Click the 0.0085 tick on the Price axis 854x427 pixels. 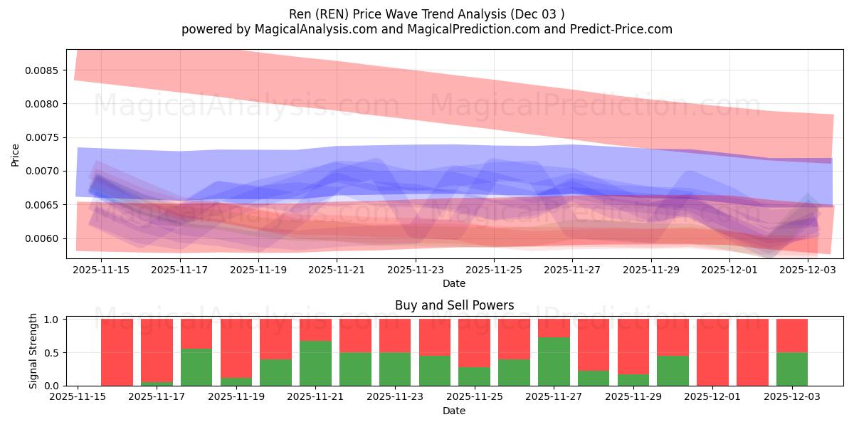[43, 70]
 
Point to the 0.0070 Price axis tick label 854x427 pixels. [43, 172]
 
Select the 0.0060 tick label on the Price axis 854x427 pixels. [43, 238]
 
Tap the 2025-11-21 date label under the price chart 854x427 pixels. [337, 270]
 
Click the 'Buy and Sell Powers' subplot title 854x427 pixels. [454, 305]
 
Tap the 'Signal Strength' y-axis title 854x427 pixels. [33, 352]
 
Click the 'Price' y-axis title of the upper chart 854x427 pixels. [16, 154]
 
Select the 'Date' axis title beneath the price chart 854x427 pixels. [454, 283]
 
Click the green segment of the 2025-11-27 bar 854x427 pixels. [554, 362]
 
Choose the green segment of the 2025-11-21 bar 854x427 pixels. [315, 364]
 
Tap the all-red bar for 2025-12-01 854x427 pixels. [712, 352]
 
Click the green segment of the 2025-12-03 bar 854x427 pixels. [791, 369]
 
